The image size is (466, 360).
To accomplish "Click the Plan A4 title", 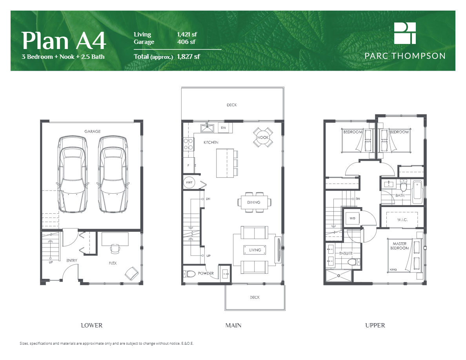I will [64, 41].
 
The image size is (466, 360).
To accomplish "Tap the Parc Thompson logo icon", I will [405, 33].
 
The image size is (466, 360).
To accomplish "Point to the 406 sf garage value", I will [186, 42].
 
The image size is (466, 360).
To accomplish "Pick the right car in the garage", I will [113, 174].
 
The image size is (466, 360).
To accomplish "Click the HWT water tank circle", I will [188, 182].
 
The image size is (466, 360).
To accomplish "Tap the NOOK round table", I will [263, 137].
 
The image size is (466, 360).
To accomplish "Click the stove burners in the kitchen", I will [189, 144].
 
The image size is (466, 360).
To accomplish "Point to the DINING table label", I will [254, 202].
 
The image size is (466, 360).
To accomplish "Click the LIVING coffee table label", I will [255, 250].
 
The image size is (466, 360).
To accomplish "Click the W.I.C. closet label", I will [402, 220].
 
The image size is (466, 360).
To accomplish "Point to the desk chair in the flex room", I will [115, 248].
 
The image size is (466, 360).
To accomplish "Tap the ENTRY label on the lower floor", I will [71, 260].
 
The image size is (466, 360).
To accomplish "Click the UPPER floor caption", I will [375, 325].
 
